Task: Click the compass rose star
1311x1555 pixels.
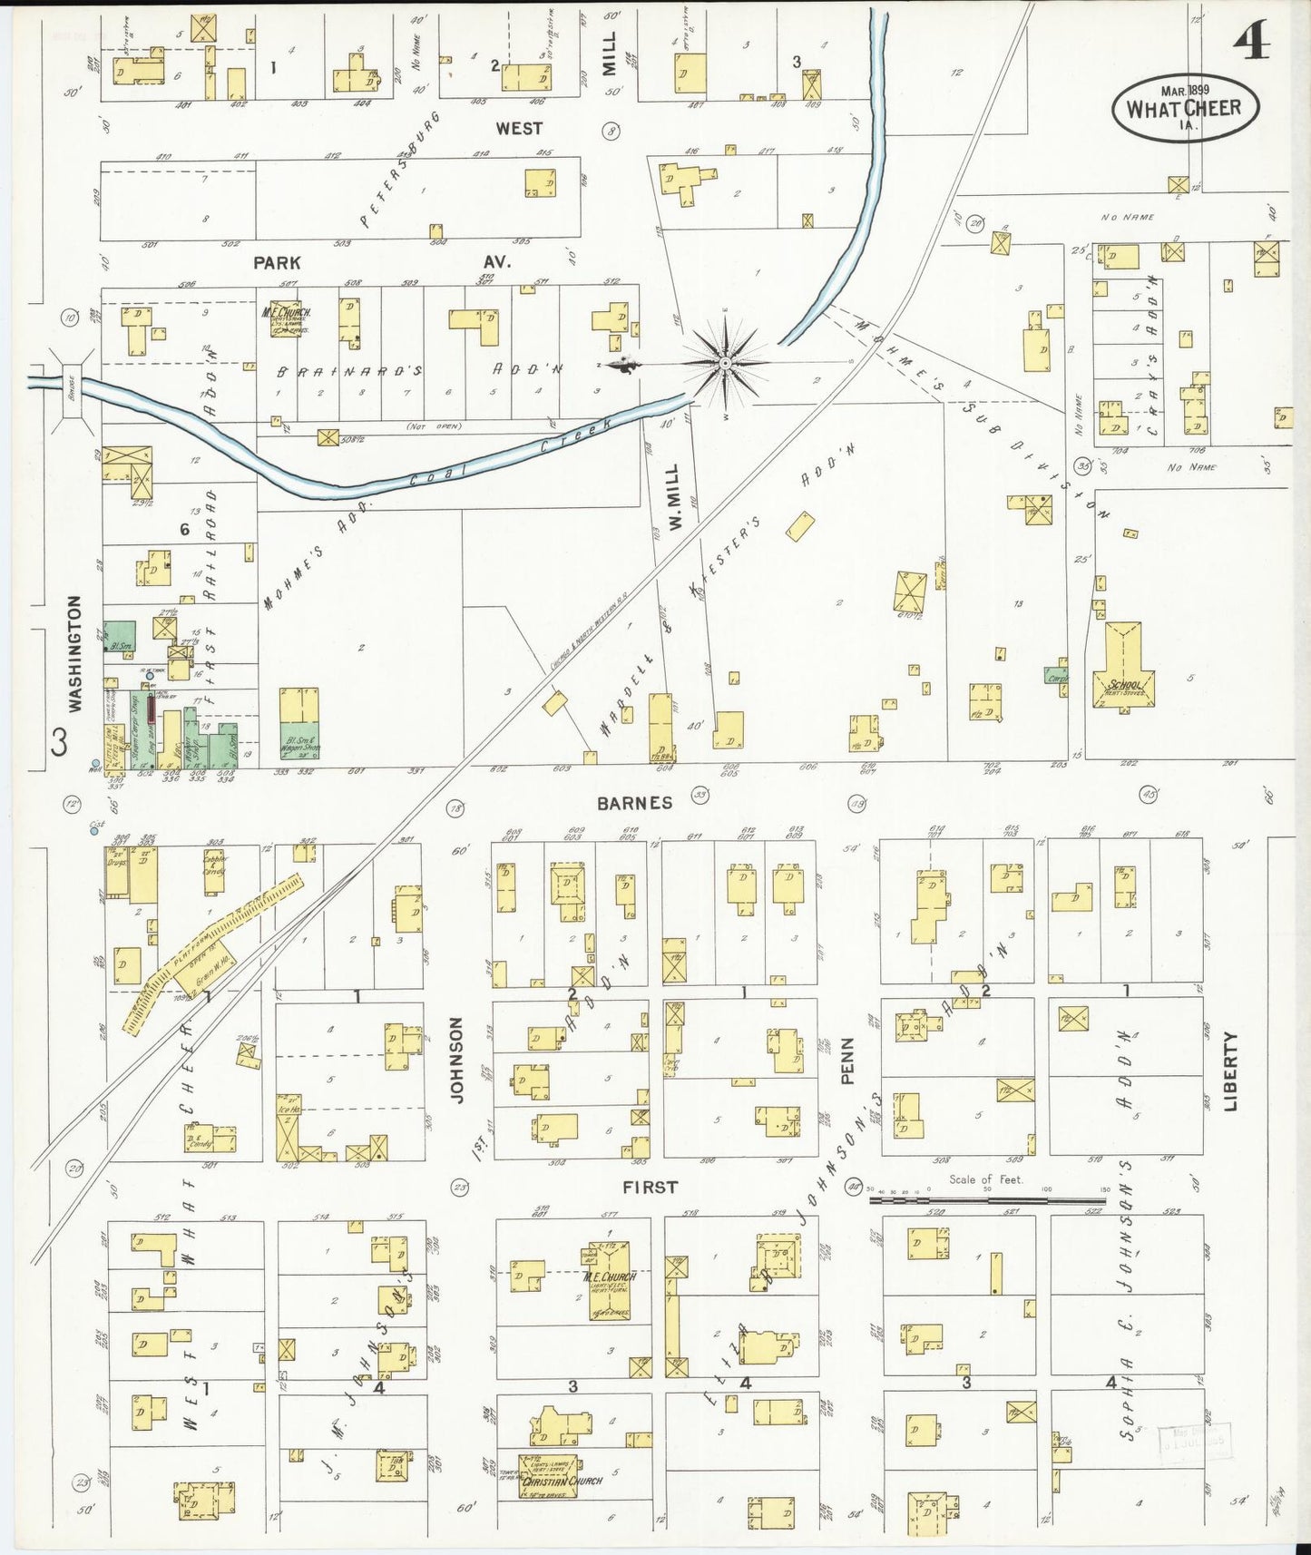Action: (725, 364)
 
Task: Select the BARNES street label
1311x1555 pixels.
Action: (635, 803)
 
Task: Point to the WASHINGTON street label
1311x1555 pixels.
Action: (74, 653)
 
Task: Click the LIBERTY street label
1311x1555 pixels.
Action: (1230, 1071)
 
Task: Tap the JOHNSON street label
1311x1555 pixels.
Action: (457, 1060)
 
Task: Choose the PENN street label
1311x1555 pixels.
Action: (848, 1061)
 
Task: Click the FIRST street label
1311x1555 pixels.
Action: (650, 1187)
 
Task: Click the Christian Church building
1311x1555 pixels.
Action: (550, 1476)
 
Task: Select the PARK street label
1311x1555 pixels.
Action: (277, 263)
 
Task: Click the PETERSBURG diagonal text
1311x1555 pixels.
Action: (399, 170)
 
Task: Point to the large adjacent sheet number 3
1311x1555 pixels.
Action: (59, 743)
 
